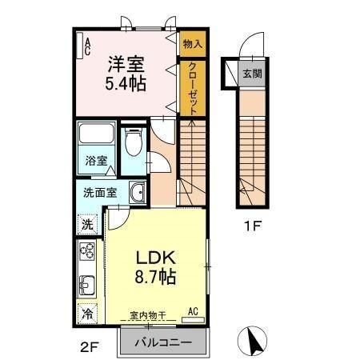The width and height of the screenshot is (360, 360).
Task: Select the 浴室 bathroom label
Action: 95,160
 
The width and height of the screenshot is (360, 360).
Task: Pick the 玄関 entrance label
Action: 253,73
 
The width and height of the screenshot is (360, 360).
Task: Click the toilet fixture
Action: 134,144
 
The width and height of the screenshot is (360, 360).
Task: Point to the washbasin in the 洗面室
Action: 137,193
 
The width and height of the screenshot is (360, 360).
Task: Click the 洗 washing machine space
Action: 88,224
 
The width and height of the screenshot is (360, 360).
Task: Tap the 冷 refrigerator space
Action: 88,314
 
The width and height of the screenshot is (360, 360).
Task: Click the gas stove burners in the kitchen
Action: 87,255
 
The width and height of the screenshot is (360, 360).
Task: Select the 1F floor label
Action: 253,226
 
